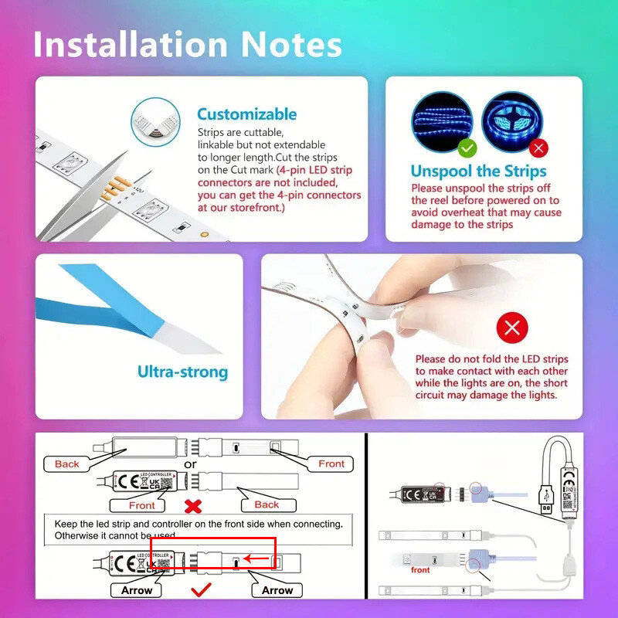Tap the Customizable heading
tap(246, 114)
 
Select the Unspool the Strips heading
tap(478, 171)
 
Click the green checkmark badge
tap(467, 147)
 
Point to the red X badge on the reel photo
tap(538, 147)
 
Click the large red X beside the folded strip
tap(511, 328)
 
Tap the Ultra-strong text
tap(182, 372)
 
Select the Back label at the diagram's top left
tap(66, 463)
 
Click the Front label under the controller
tap(141, 504)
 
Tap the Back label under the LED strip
tap(267, 504)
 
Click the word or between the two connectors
tap(190, 464)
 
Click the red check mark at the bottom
tap(201, 590)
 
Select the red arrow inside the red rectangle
tap(258, 558)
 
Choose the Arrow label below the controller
tap(137, 590)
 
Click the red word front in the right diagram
tap(420, 569)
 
